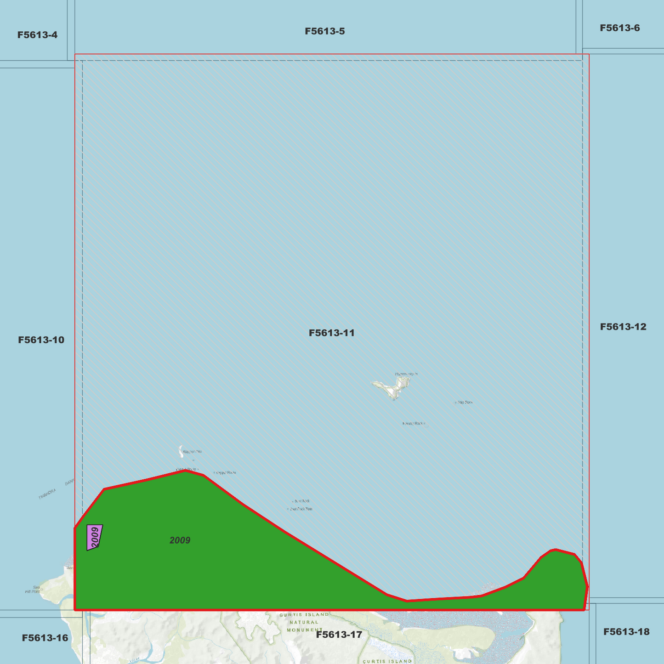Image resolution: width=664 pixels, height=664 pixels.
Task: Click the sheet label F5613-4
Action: click(x=37, y=35)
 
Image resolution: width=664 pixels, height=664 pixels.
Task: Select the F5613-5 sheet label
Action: click(x=324, y=31)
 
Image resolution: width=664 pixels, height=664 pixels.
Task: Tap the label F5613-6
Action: click(x=619, y=28)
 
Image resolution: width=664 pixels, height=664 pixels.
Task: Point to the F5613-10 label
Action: click(x=41, y=340)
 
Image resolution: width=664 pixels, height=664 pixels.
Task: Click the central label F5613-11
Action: click(x=331, y=333)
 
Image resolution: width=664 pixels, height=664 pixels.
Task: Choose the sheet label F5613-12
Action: click(x=623, y=327)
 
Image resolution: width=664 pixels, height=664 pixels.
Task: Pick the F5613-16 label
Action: click(x=45, y=638)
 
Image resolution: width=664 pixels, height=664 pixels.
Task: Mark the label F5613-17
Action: click(x=339, y=635)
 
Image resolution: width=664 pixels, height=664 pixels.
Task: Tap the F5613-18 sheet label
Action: click(x=626, y=632)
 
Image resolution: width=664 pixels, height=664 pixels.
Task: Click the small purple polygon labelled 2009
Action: click(x=94, y=537)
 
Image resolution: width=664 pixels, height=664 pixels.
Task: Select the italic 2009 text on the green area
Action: click(x=180, y=540)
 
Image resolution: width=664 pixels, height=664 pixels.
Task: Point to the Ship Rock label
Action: click(x=465, y=403)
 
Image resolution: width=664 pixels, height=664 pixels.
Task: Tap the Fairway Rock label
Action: click(x=412, y=424)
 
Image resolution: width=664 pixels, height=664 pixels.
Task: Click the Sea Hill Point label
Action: click(x=33, y=590)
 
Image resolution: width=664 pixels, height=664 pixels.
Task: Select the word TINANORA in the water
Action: click(x=47, y=494)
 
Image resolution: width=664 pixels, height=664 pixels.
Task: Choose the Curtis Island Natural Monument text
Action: click(x=304, y=622)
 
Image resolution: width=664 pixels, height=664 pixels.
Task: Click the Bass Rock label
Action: click(x=302, y=501)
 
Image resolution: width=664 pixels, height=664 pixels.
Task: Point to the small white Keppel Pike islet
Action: click(x=181, y=451)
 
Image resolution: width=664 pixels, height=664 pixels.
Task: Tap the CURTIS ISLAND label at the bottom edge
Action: click(x=387, y=661)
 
